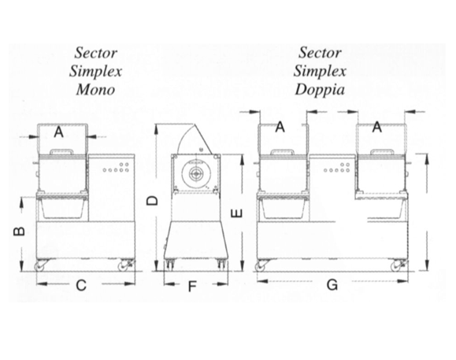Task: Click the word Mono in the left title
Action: point(95,90)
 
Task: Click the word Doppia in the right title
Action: point(320,90)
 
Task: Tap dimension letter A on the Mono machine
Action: point(59,132)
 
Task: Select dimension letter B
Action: point(19,231)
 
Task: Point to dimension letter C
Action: point(81,285)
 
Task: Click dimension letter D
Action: point(152,200)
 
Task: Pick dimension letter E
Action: point(236,213)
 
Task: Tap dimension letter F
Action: point(192,287)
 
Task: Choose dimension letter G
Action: point(332,284)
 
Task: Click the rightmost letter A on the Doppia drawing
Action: point(377,128)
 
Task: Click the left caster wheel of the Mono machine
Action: point(39,266)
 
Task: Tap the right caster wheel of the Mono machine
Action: point(122,266)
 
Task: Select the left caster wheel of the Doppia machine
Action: point(260,266)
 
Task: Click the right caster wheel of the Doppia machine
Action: point(396,266)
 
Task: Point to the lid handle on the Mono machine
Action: point(61,152)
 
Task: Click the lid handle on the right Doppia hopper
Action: point(381,152)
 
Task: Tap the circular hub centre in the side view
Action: point(196,174)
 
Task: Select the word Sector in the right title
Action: point(320,53)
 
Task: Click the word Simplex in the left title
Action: point(95,72)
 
